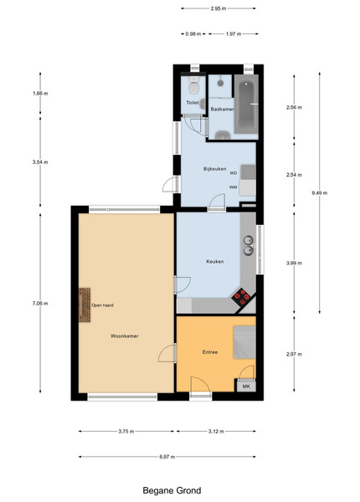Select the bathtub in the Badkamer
point(246,104)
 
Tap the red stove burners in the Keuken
point(241,297)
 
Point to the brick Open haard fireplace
point(85,305)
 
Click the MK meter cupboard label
point(246,387)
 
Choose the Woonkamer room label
point(125,336)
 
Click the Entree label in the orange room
point(210,352)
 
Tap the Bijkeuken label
point(215,169)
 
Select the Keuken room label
point(215,261)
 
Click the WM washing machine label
point(234,187)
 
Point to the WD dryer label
point(234,173)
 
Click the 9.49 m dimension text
point(319,192)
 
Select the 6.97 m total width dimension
point(167,457)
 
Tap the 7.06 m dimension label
point(40,303)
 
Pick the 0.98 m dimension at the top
point(193,33)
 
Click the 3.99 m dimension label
point(294,264)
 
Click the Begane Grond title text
point(172,490)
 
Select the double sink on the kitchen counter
point(249,245)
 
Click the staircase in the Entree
point(244,342)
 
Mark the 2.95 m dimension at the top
point(219,8)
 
